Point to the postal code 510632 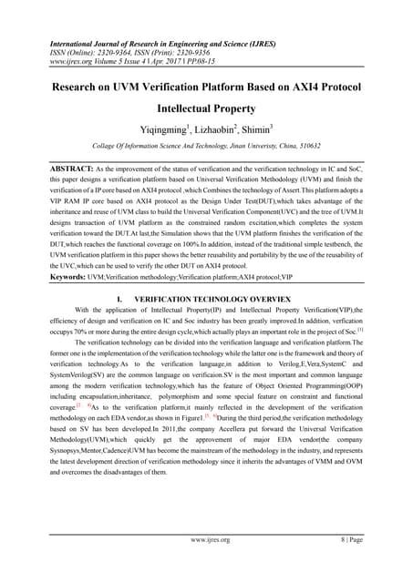[x=341, y=171]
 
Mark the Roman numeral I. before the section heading [x=120, y=350]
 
